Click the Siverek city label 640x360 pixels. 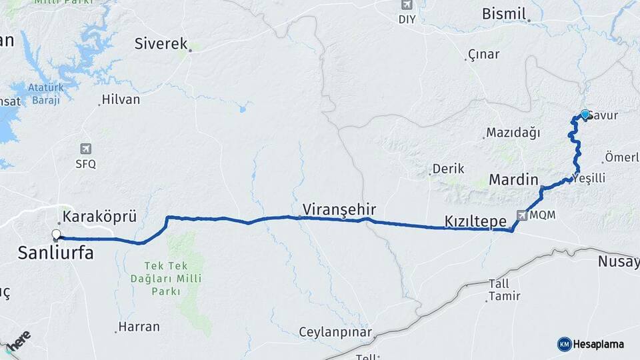point(161,44)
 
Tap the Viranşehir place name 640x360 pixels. point(339,209)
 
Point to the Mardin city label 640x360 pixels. point(513,179)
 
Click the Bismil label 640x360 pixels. point(504,14)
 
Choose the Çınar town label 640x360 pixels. point(483,54)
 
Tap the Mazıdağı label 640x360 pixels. point(512,133)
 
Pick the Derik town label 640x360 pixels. point(448,169)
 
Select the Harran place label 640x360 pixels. point(139,327)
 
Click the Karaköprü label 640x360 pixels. point(99,217)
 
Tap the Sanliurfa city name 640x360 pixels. point(55,253)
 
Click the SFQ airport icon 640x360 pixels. point(85,149)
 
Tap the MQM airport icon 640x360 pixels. point(521,215)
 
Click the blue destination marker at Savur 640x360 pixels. point(585,114)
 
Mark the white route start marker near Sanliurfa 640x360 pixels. point(56,234)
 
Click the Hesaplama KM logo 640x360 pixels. point(591,344)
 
